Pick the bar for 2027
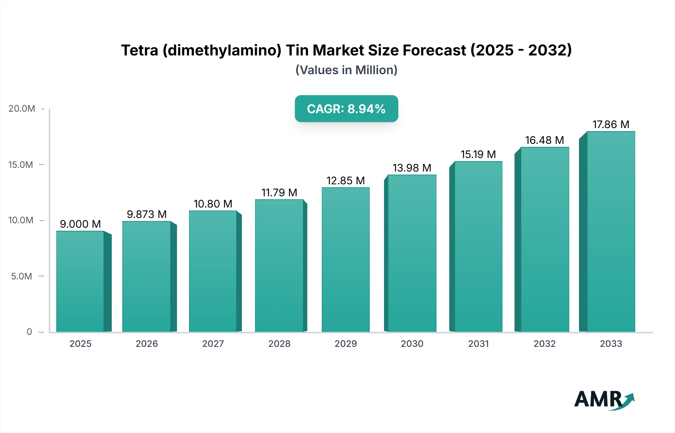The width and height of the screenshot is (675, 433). tap(213, 271)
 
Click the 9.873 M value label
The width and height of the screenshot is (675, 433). tap(147, 214)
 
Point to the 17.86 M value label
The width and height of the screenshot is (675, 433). tap(610, 124)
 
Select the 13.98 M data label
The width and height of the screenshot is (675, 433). tap(412, 168)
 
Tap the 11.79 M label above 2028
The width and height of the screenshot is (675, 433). tap(279, 193)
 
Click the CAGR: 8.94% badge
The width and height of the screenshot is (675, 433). tap(346, 109)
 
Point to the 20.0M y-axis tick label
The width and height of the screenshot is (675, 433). tap(22, 109)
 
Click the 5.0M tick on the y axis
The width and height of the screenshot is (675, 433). tap(21, 276)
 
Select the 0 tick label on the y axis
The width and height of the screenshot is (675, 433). tap(29, 332)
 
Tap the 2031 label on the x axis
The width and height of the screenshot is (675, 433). tap(478, 343)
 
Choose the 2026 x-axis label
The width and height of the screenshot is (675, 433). tap(147, 343)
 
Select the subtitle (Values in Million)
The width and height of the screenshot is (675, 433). tap(346, 70)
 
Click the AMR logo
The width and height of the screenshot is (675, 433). tap(604, 400)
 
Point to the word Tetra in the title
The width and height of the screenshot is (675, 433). tap(139, 50)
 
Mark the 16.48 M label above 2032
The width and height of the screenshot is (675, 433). tap(544, 140)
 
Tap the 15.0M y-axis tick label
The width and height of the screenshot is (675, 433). tap(21, 164)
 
